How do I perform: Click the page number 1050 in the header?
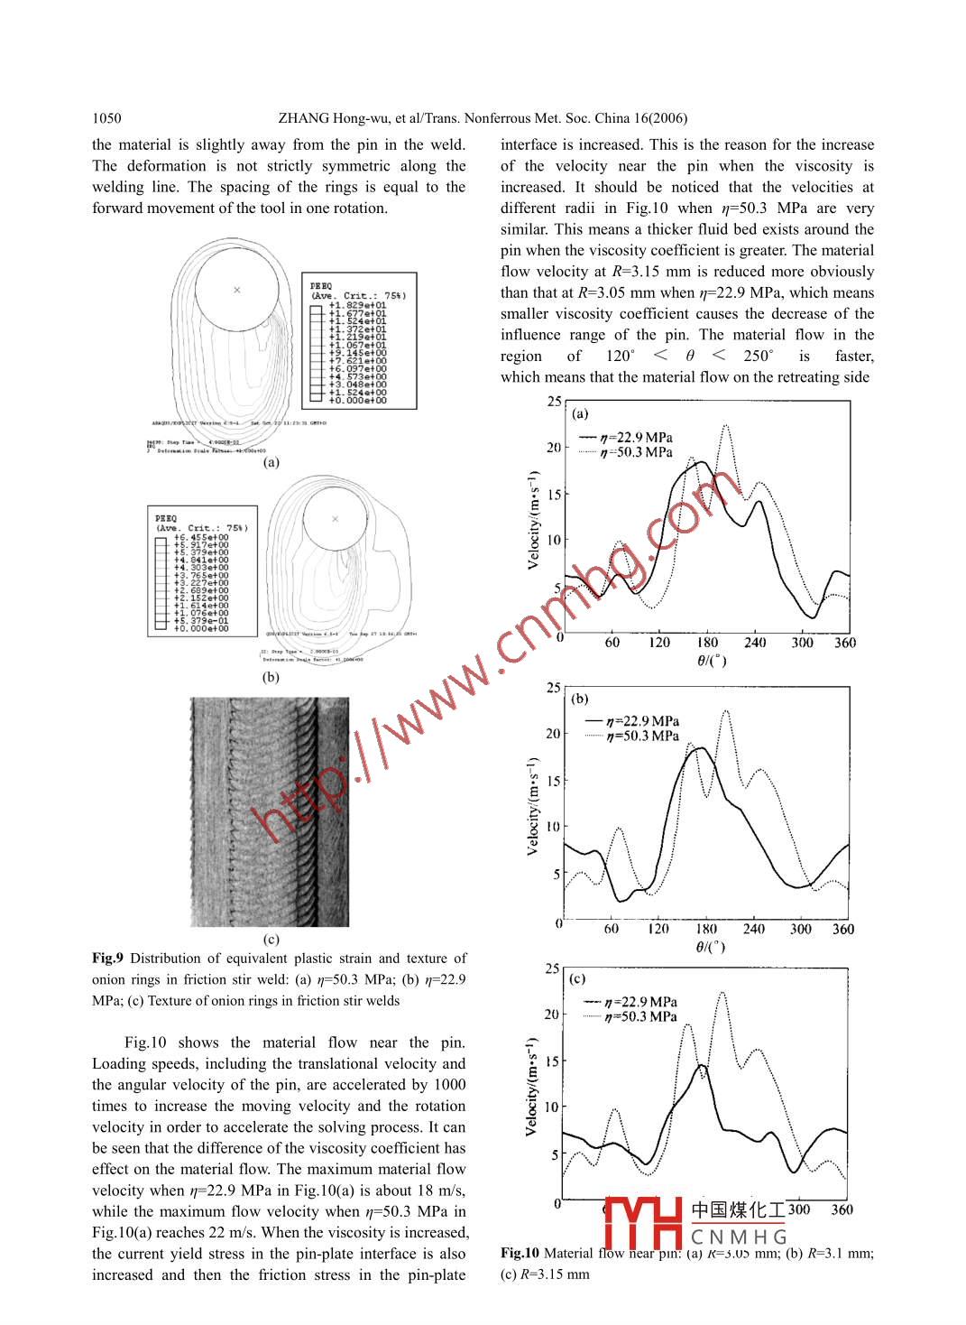pyautogui.click(x=106, y=118)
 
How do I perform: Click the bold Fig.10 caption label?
pyautogui.click(x=520, y=1253)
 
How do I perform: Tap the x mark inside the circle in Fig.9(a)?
pyautogui.click(x=237, y=290)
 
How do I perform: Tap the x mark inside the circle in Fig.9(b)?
pyautogui.click(x=336, y=519)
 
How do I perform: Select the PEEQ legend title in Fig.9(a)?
pyautogui.click(x=321, y=286)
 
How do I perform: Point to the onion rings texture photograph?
pyautogui.click(x=270, y=811)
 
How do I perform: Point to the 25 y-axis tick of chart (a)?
pyautogui.click(x=554, y=402)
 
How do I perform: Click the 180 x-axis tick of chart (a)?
pyautogui.click(x=708, y=643)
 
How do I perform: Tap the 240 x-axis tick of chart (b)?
pyautogui.click(x=753, y=929)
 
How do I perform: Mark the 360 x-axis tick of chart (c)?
pyautogui.click(x=842, y=1209)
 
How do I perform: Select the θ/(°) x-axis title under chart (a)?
pyautogui.click(x=712, y=661)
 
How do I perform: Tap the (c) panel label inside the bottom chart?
pyautogui.click(x=577, y=978)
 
